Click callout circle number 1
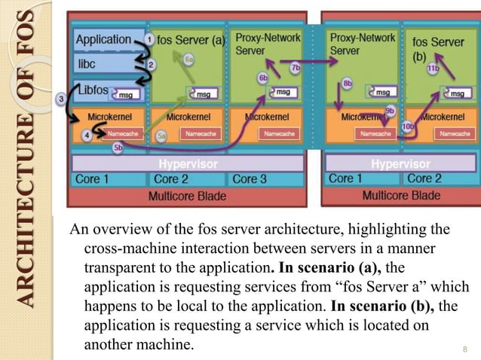coord(149,38)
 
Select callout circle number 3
coord(60,99)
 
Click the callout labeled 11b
coord(433,68)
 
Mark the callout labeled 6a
coord(189,59)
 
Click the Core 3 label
coord(250,179)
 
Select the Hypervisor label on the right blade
coord(400,163)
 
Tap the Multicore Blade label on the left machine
coord(184,195)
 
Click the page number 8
coord(465,349)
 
